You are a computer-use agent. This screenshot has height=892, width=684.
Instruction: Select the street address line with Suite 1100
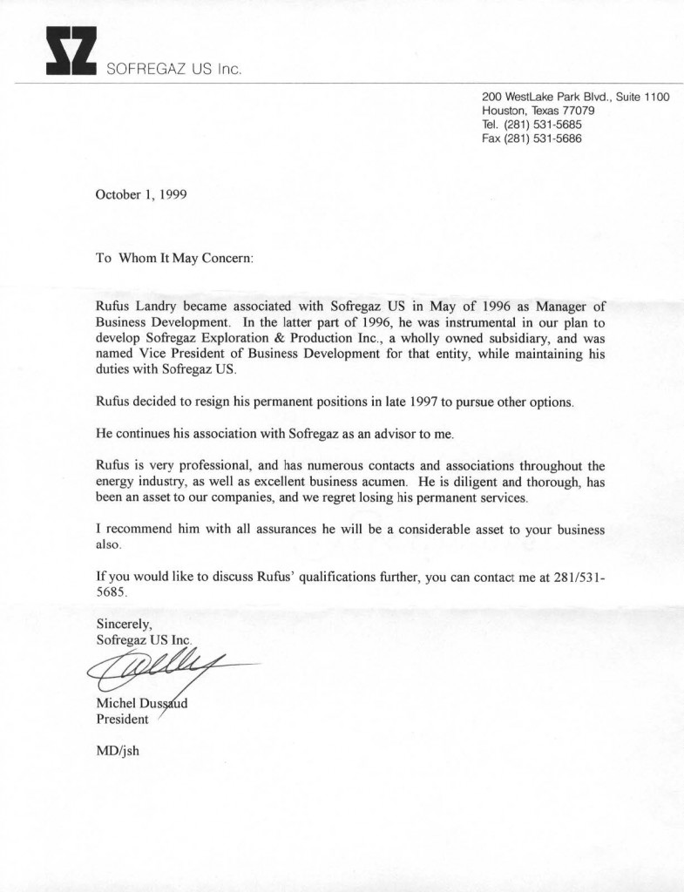(575, 98)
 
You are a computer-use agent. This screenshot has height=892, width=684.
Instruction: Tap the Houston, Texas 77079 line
(538, 111)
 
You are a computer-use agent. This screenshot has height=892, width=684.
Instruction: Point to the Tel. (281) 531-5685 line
(532, 125)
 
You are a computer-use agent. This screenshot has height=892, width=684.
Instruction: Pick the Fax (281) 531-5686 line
(532, 139)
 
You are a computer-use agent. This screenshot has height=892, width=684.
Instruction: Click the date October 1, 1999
(141, 195)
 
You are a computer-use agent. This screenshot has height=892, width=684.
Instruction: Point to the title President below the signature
(122, 719)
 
